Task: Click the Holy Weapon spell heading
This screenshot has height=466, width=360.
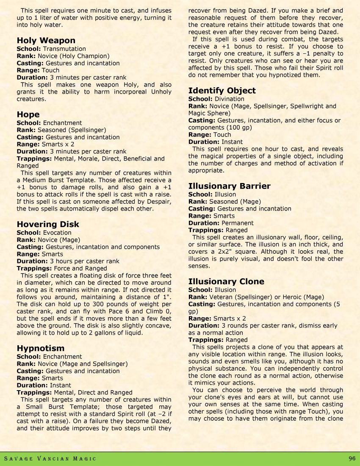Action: tap(46, 41)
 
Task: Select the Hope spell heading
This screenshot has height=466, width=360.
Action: tap(28, 114)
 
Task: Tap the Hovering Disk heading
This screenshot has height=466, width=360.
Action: tap(48, 224)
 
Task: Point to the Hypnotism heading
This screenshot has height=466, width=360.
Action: tap(41, 348)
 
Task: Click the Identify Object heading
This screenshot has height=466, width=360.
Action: tap(222, 91)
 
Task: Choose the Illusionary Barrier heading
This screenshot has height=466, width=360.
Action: tap(229, 186)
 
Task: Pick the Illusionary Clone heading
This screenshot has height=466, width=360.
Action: tap(226, 281)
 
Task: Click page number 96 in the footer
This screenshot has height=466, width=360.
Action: tap(352, 459)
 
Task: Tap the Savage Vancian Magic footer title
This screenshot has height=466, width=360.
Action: tap(50, 459)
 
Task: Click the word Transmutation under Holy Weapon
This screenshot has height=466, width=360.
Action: tap(64, 49)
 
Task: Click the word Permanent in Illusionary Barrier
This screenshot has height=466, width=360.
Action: tap(238, 223)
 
